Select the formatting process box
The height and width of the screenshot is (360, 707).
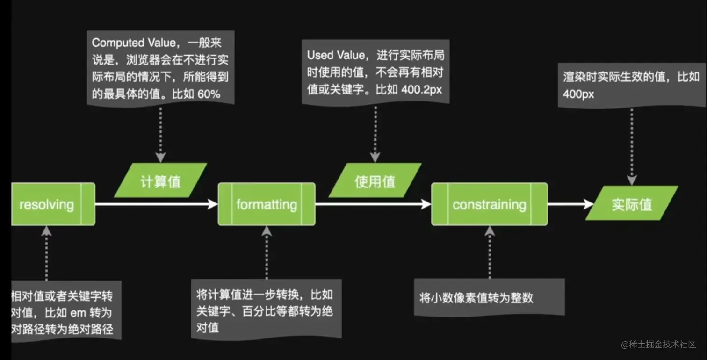[x=267, y=204]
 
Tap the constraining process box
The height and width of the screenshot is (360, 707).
[x=489, y=204]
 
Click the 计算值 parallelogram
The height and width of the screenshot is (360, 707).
[x=160, y=180]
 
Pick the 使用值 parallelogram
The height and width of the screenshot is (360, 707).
[x=375, y=180]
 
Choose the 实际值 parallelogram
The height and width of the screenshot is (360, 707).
[x=632, y=203]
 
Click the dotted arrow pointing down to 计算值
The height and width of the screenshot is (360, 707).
[x=160, y=134]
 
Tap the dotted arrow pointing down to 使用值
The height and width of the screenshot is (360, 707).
[x=375, y=134]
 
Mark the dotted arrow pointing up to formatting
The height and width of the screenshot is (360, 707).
[x=267, y=252]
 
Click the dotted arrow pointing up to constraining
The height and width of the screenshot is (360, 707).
[x=489, y=252]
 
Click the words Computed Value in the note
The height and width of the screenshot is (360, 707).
[x=118, y=43]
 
